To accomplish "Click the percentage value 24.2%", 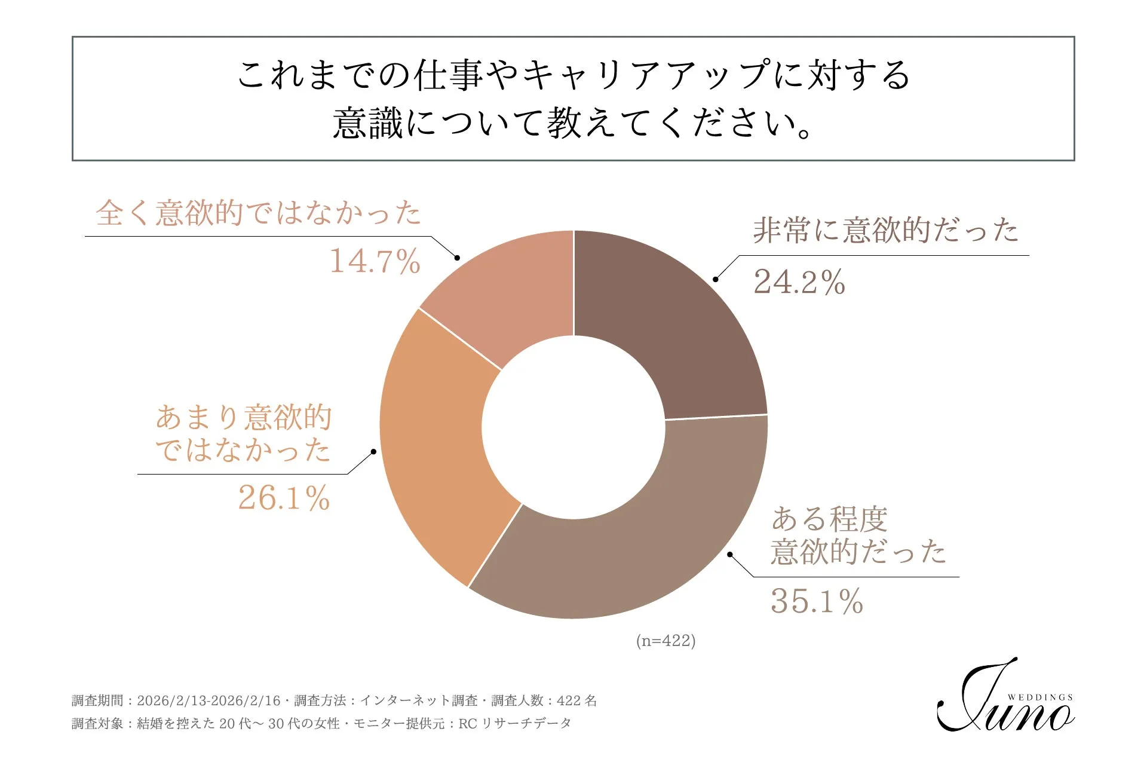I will [799, 282].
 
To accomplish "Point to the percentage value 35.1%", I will [817, 601].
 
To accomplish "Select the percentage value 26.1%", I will [284, 498].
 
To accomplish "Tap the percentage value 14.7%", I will [375, 262].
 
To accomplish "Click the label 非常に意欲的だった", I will [885, 231].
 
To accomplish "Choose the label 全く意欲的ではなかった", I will [258, 213].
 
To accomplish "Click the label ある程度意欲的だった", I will [858, 535].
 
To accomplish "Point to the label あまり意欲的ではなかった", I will [243, 434].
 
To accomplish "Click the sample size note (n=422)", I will [665, 641].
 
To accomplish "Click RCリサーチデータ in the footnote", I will [514, 724].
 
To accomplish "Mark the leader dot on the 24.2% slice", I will [716, 279].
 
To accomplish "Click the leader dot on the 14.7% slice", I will [457, 258].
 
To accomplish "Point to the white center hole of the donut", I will [573, 427].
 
